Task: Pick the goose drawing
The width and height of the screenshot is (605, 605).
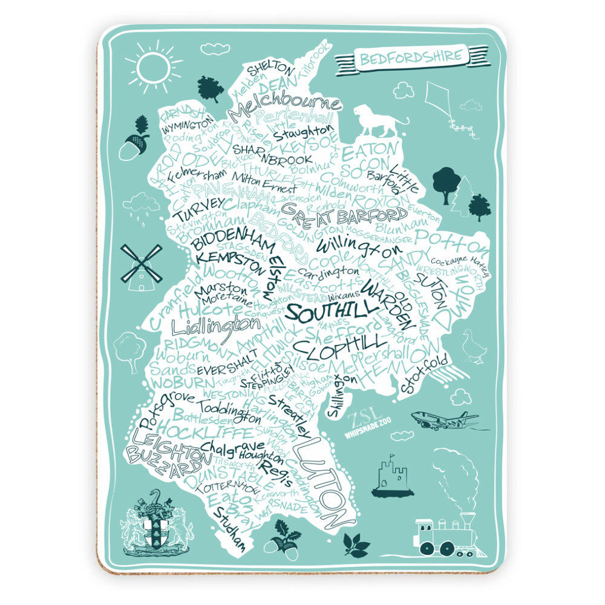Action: pyautogui.click(x=472, y=347)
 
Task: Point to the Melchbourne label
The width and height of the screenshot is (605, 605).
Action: pyautogui.click(x=284, y=103)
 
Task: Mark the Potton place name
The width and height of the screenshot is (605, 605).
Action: pyautogui.click(x=451, y=239)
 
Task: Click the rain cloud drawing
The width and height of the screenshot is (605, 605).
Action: pyautogui.click(x=140, y=204)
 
